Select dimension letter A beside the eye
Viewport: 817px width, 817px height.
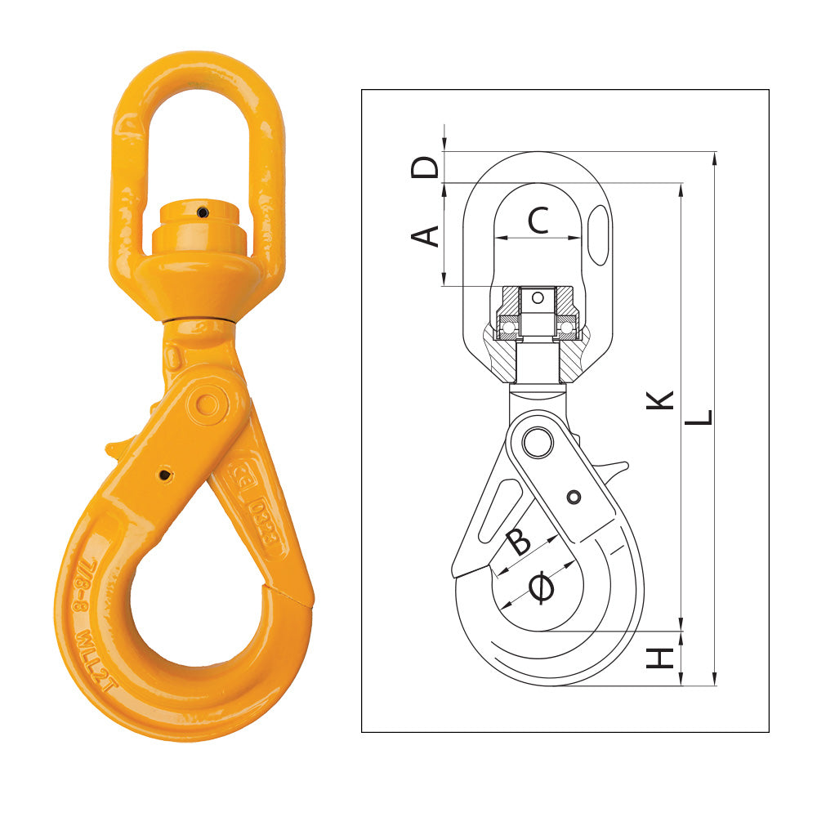pos(424,235)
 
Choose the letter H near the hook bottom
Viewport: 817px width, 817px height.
pos(661,658)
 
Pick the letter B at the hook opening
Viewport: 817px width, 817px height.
pos(519,541)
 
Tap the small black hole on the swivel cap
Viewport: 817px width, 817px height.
pos(202,212)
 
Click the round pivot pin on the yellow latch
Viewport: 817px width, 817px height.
pos(208,404)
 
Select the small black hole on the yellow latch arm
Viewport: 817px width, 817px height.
pos(166,475)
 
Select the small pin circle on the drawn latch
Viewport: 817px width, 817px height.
pos(574,497)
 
